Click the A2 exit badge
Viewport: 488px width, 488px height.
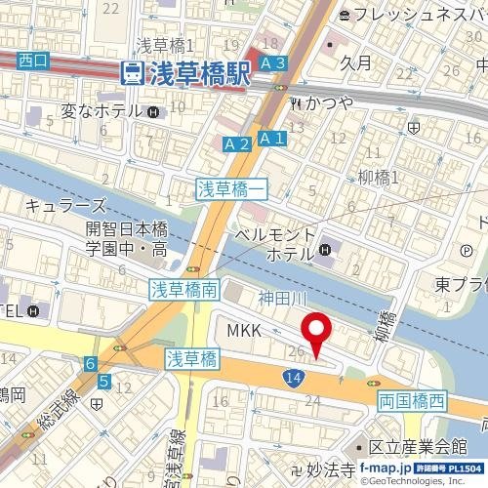tap(236, 144)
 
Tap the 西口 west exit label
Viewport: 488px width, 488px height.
tap(33, 61)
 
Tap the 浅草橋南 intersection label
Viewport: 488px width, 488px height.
tap(189, 289)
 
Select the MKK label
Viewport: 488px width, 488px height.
tap(244, 332)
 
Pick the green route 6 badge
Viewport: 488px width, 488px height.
tap(90, 364)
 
